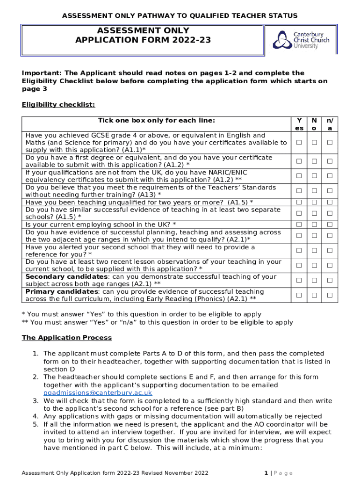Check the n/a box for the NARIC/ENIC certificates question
point(330,176)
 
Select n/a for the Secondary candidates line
point(330,280)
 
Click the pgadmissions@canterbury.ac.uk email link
point(98,393)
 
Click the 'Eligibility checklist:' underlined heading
point(58,104)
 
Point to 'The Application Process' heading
point(67,338)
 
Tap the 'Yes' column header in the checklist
point(299,124)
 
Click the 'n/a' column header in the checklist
point(330,124)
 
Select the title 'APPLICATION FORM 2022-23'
point(143,40)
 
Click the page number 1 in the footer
point(266,472)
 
